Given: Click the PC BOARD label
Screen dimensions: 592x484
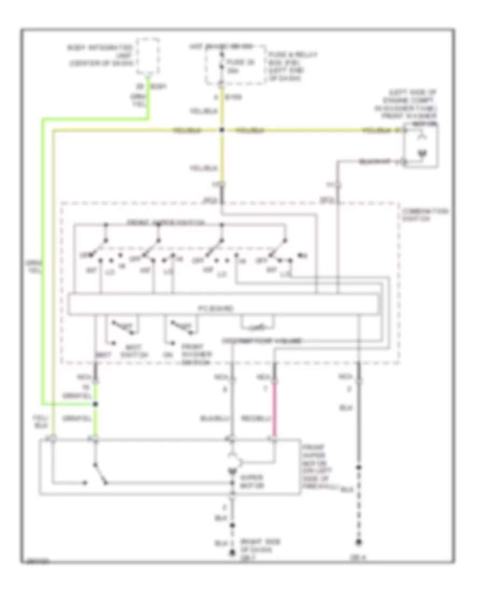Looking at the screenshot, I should [x=221, y=309].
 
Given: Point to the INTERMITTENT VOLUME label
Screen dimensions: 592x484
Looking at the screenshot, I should [x=261, y=341].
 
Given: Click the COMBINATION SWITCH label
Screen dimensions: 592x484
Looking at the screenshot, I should [x=425, y=215].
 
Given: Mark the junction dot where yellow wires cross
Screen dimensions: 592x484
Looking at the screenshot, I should [x=221, y=130].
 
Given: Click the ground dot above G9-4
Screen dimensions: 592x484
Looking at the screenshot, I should [x=358, y=541].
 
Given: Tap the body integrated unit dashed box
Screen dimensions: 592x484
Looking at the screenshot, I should [x=148, y=56].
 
